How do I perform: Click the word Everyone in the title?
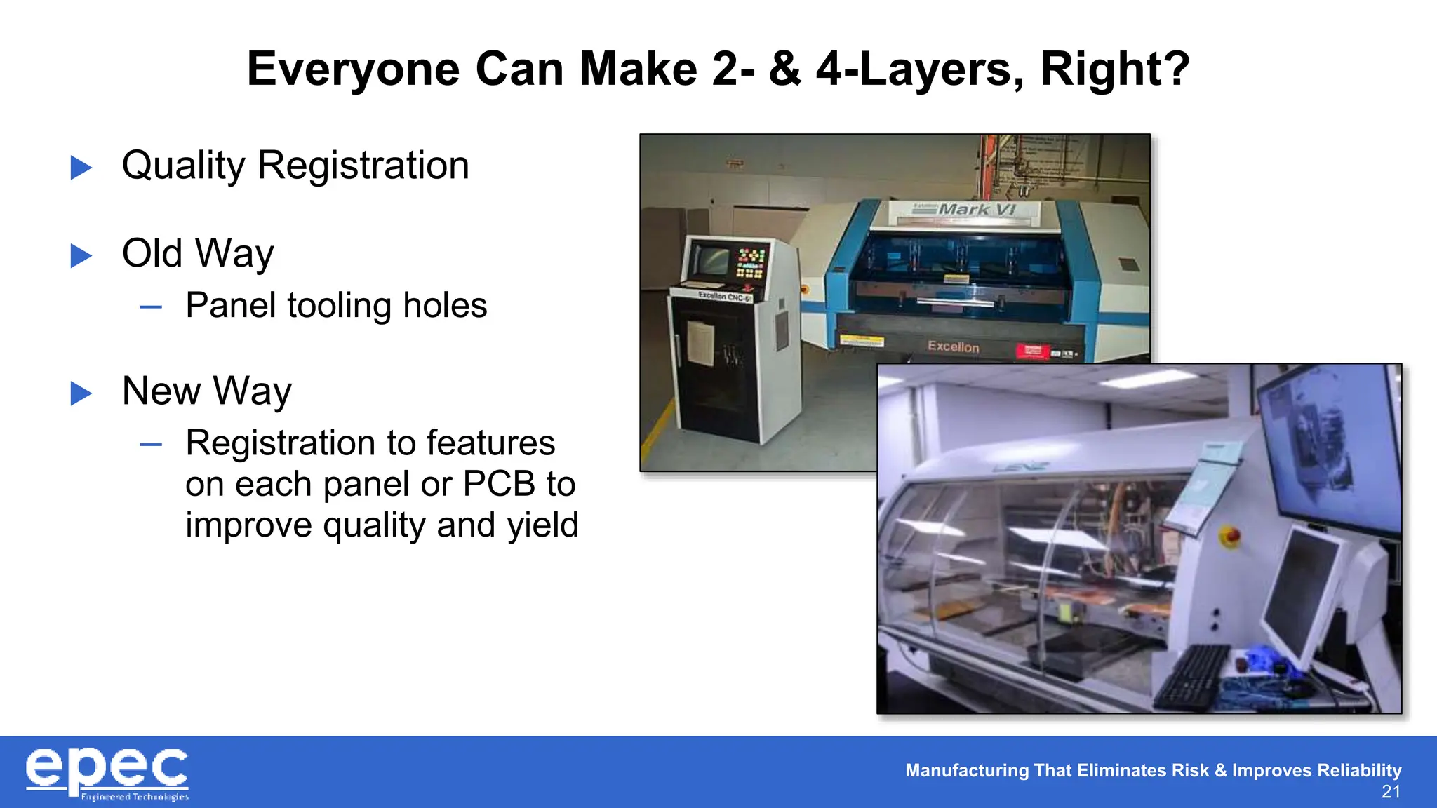[x=353, y=69]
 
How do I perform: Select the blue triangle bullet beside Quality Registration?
[x=81, y=168]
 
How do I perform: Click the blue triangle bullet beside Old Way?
[x=81, y=255]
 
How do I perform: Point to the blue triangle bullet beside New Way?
[x=81, y=393]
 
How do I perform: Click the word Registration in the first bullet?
[x=363, y=166]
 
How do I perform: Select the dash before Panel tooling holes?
[x=151, y=307]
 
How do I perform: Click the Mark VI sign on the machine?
[x=976, y=209]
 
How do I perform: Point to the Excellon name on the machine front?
[x=953, y=346]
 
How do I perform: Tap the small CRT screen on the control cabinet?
[x=710, y=260]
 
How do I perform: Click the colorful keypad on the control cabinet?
[x=750, y=263]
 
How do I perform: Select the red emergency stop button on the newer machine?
[x=1230, y=537]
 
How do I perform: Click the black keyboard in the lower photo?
[x=1191, y=678]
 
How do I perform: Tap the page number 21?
[x=1391, y=793]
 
